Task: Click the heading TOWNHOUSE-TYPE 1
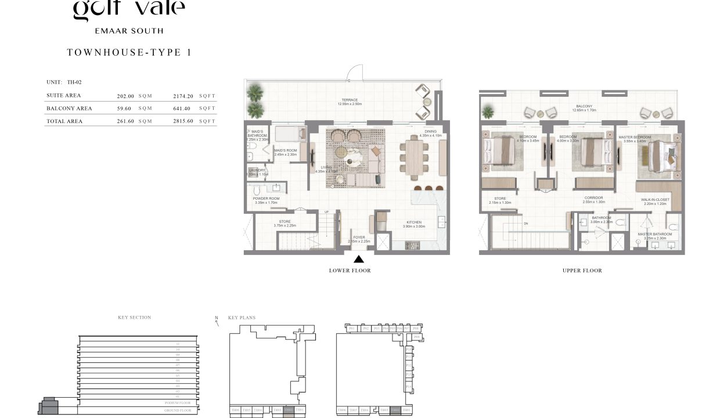tap(129, 53)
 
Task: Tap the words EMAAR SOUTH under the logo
tap(129, 31)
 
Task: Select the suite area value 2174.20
tap(183, 96)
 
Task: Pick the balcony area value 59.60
tap(125, 109)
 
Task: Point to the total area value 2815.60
tap(183, 121)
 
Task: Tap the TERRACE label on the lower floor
tap(350, 100)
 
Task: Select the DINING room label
tap(430, 132)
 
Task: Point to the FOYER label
tap(359, 237)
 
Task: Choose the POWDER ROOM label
tap(266, 199)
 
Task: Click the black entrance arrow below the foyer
tap(359, 260)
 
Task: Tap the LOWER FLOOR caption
tap(350, 271)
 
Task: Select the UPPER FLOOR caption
tap(582, 271)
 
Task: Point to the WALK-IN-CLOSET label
tap(655, 200)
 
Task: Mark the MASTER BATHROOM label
tap(655, 234)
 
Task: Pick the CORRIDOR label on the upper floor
tap(593, 198)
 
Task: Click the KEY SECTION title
tap(134, 318)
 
